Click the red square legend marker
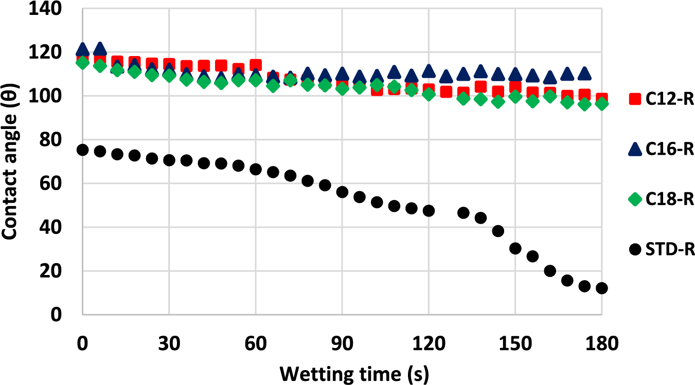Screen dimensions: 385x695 coord(636,99)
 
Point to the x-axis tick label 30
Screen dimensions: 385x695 coord(169,343)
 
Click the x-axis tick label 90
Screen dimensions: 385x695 coord(342,343)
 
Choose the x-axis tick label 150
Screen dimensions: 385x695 coord(514,343)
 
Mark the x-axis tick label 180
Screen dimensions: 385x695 coord(601,343)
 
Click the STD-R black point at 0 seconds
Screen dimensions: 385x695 coord(83,150)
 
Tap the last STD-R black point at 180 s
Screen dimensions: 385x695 coord(601,288)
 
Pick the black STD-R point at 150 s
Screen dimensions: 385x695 coord(515,248)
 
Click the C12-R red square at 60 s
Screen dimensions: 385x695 coord(256,65)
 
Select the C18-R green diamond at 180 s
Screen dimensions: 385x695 coord(601,104)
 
